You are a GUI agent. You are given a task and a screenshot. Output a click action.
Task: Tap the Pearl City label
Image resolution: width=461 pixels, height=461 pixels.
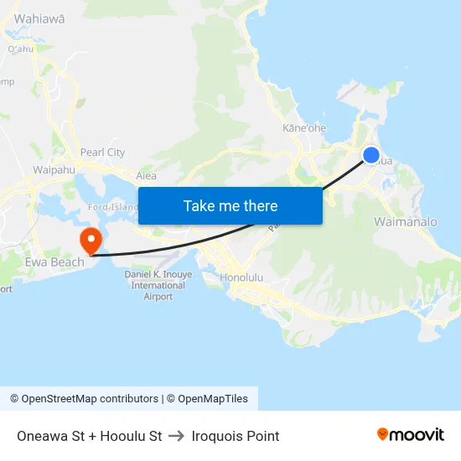click(102, 153)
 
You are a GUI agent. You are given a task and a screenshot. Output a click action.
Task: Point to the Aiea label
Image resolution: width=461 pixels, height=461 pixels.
click(146, 176)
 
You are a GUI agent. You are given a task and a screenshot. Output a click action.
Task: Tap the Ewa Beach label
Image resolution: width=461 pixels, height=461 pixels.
click(55, 262)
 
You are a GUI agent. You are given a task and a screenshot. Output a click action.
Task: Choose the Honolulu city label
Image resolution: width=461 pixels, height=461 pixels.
click(241, 277)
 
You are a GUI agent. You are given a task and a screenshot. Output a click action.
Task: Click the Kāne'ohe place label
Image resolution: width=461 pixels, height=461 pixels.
click(304, 128)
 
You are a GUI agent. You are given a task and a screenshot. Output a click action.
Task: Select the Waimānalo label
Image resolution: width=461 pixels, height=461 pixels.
click(406, 222)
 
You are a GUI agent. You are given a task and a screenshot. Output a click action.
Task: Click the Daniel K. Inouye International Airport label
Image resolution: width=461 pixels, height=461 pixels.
click(158, 285)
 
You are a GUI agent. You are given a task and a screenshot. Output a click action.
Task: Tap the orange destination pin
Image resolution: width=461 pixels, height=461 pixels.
click(91, 241)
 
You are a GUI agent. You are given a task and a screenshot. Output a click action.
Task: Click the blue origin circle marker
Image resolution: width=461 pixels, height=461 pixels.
click(371, 155)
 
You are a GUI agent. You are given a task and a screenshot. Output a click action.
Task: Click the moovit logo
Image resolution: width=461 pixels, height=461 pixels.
click(411, 434)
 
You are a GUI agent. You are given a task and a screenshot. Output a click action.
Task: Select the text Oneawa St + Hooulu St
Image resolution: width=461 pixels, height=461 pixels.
click(89, 436)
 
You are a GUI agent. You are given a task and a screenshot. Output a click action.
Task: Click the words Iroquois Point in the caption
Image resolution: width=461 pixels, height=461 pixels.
click(236, 436)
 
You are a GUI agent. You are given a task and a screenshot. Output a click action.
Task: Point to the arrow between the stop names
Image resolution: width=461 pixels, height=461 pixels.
click(177, 436)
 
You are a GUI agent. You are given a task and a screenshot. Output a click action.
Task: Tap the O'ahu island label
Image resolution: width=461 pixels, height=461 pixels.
click(19, 49)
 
